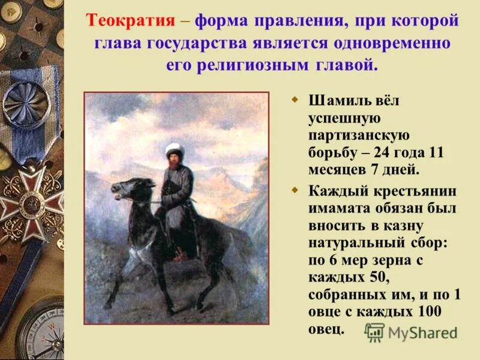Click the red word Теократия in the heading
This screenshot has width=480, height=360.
[x=131, y=21]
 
